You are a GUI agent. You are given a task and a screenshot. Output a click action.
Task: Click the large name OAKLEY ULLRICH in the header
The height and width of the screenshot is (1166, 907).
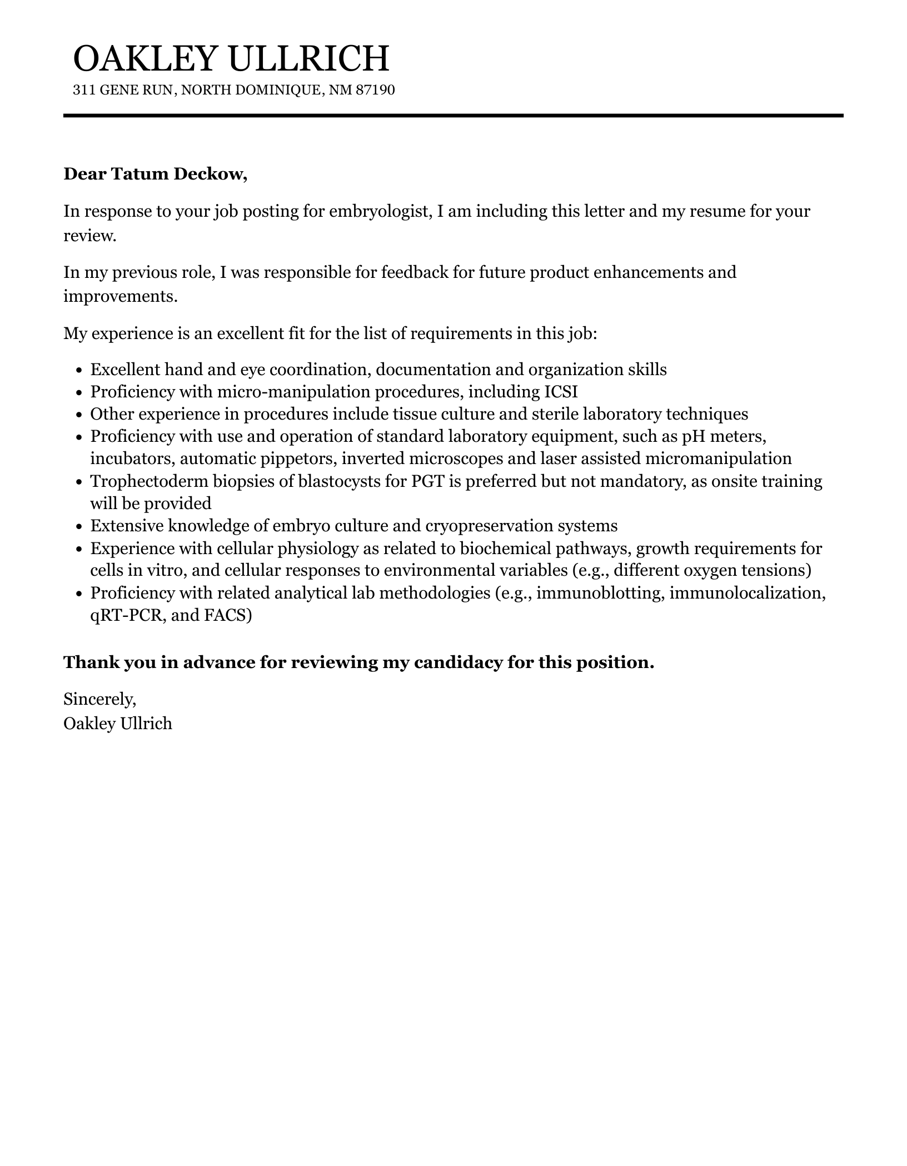[231, 58]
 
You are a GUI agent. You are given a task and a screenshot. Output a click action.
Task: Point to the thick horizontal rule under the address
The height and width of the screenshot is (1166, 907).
[453, 116]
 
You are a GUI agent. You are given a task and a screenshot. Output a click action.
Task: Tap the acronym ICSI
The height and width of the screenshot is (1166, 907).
[560, 392]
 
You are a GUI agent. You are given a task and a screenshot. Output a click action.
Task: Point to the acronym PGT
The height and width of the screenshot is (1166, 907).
[427, 481]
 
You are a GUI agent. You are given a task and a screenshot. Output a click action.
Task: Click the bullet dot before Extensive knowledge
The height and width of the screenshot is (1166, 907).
[78, 526]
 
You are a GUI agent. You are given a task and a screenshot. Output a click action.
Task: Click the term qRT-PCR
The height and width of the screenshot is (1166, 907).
[127, 616]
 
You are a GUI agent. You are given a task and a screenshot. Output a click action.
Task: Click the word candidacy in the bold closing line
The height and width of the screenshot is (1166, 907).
[446, 662]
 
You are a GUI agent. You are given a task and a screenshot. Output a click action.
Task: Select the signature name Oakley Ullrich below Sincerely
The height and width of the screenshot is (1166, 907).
[118, 724]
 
